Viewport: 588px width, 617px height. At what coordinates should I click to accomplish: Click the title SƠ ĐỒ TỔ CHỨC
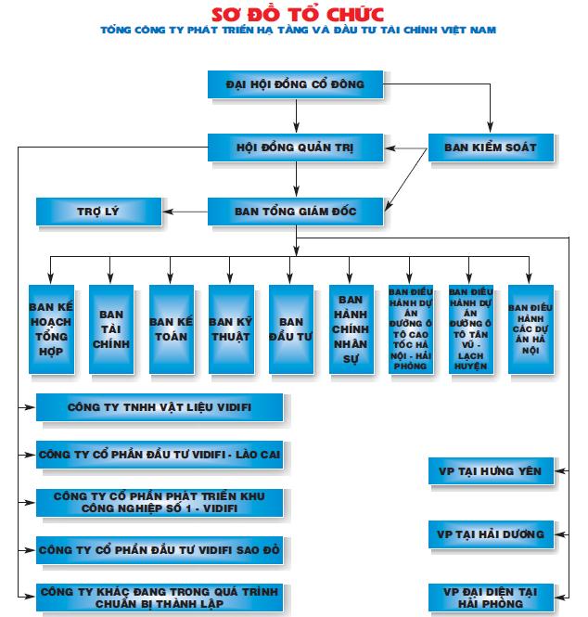coord(297,13)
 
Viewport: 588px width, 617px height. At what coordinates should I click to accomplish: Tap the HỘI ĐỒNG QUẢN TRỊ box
coord(295,148)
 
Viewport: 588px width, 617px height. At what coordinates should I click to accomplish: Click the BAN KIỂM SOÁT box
coord(491,148)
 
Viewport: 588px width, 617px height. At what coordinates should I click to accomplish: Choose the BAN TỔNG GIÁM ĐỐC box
coord(295,212)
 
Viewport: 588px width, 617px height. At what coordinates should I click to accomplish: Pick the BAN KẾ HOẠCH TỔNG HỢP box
coord(51,328)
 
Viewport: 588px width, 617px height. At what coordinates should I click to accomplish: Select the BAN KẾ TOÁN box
coord(171,328)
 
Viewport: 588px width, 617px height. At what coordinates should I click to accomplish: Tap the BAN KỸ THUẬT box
coord(231,328)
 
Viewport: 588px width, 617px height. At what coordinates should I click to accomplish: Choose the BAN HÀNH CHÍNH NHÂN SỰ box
coord(351,328)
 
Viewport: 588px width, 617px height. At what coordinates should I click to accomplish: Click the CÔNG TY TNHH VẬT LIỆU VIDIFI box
coord(160,406)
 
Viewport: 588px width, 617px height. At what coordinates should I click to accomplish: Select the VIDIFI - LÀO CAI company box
coord(160,455)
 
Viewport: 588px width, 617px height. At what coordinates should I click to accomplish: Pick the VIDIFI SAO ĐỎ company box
coord(160,550)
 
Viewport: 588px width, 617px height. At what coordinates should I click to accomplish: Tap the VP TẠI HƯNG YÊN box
coord(491,470)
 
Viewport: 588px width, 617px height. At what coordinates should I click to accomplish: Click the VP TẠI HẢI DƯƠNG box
coord(491,534)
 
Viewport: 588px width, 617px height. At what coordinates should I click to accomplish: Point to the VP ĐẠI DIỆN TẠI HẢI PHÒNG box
coord(491,598)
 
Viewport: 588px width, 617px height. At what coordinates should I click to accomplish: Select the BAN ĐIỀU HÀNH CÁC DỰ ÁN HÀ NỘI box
coord(530,328)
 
